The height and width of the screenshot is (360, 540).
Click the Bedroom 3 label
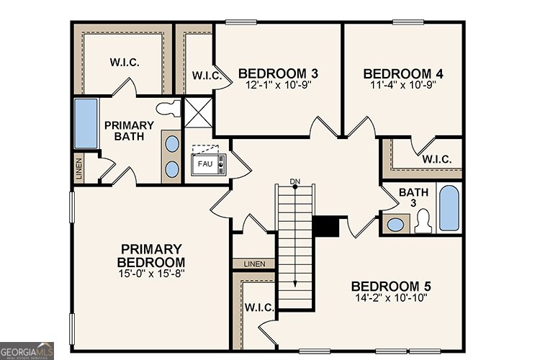[278, 73]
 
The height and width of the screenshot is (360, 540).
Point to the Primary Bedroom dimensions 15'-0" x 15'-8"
[152, 274]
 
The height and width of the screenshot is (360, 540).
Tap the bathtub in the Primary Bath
[86, 124]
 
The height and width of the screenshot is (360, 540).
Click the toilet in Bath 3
[423, 221]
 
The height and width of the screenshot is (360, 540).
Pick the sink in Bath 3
[395, 225]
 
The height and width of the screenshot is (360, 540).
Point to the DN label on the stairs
[294, 180]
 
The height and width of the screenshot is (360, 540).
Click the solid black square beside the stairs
[326, 226]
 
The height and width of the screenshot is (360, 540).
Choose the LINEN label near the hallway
[254, 264]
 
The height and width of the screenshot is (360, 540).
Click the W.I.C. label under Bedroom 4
[437, 159]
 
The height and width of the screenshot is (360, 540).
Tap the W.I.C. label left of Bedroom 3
[205, 76]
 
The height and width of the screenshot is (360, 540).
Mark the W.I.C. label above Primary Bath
[124, 63]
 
